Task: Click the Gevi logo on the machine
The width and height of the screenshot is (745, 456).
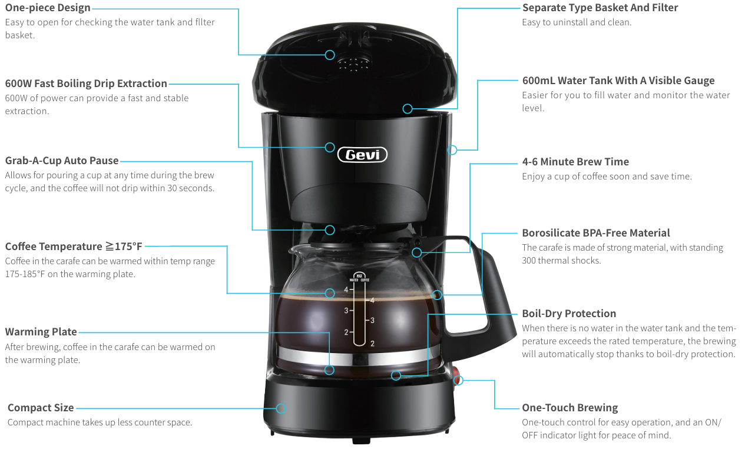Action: (x=362, y=155)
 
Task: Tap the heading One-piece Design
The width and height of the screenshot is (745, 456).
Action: (x=48, y=8)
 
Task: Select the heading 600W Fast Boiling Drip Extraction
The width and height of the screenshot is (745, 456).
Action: (x=86, y=84)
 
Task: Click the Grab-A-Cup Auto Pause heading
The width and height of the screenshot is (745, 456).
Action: (x=62, y=161)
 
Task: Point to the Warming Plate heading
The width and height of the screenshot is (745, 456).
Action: (x=41, y=332)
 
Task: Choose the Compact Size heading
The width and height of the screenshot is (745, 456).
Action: (x=41, y=408)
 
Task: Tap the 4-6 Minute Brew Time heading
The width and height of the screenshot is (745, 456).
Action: (x=575, y=162)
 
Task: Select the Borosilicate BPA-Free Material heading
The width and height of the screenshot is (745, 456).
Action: (x=595, y=233)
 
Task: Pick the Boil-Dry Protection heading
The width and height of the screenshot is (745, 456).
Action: (x=568, y=314)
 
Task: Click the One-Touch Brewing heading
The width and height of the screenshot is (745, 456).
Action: (x=569, y=408)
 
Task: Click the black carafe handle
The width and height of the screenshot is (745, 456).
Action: (x=492, y=294)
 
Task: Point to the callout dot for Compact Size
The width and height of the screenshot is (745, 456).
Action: (x=282, y=408)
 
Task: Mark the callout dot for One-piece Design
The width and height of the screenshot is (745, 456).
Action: (x=330, y=55)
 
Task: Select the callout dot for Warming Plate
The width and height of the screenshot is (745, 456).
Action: (x=329, y=370)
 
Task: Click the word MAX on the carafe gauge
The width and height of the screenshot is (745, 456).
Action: (x=358, y=275)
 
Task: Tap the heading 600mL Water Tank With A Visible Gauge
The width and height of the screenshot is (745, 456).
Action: (x=618, y=81)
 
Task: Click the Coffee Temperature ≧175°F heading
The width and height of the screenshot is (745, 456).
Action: (x=74, y=247)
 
